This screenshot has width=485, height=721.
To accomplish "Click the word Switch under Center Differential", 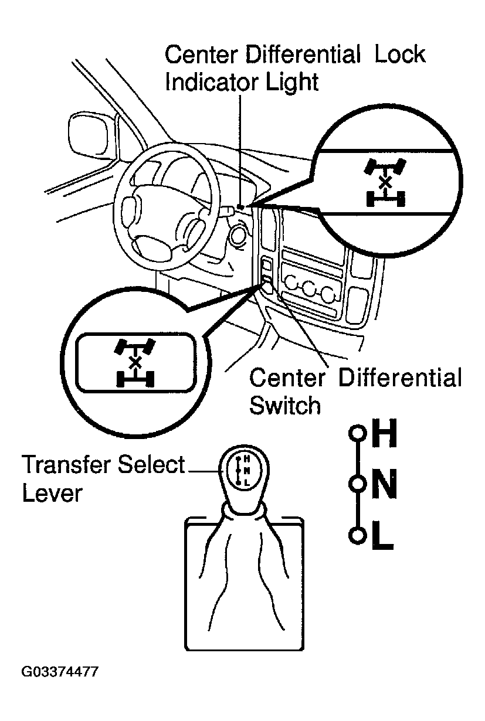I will click(x=285, y=405).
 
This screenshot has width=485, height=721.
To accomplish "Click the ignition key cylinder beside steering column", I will click(x=238, y=236).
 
